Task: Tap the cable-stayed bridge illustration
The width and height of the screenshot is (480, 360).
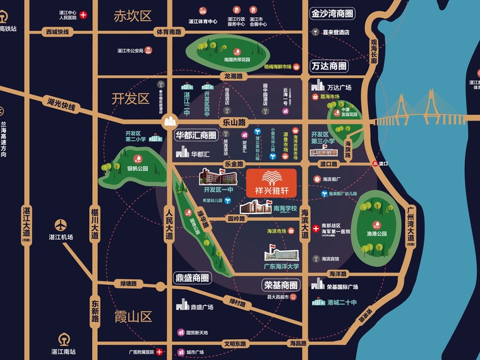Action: (417, 111)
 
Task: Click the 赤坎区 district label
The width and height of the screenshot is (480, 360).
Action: (132, 16)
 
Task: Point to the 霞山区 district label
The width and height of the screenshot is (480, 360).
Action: (132, 316)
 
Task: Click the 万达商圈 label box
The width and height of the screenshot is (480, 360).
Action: (329, 66)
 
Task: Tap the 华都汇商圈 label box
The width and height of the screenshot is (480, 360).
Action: (196, 135)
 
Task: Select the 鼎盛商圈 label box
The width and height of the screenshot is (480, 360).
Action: (192, 277)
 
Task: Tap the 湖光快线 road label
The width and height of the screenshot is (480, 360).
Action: (61, 103)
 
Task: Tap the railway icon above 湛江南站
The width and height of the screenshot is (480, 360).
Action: (63, 338)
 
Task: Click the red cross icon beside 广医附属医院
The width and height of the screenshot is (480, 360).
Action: (160, 352)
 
